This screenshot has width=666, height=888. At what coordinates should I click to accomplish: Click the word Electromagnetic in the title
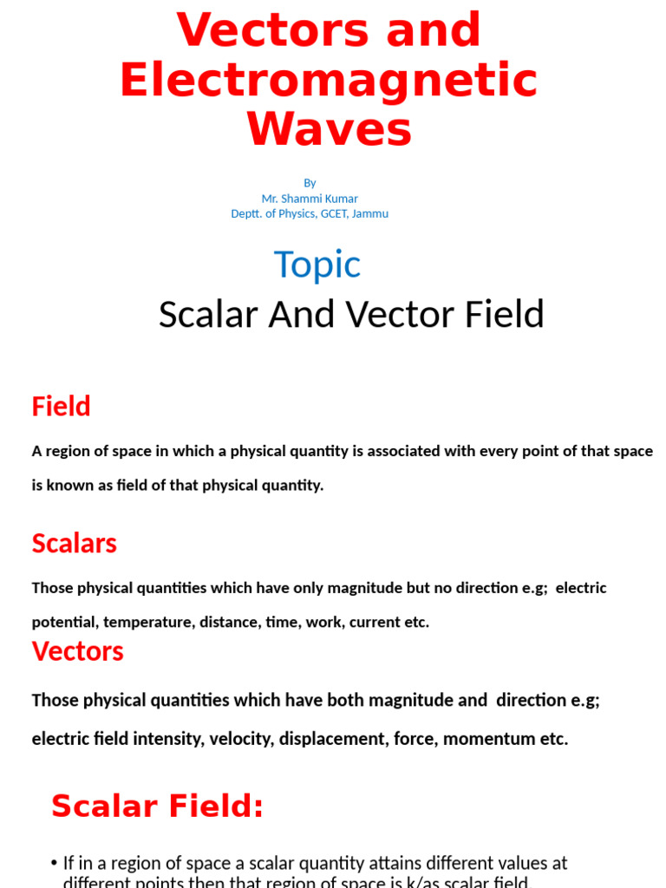329,81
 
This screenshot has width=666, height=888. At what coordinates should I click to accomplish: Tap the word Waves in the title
329,130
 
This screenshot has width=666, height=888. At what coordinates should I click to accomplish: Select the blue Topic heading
317,264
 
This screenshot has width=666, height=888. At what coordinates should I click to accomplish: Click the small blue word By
310,183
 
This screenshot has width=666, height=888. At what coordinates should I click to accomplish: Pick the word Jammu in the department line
369,214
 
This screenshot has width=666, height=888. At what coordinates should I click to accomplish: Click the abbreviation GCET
330,214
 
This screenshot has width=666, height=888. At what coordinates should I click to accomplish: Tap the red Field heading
61,406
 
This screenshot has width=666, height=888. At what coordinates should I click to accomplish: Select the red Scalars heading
74,544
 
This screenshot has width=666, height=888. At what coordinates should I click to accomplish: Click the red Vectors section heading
77,651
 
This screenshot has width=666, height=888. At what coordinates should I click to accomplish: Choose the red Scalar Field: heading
157,806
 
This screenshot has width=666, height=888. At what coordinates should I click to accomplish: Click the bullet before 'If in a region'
55,864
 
